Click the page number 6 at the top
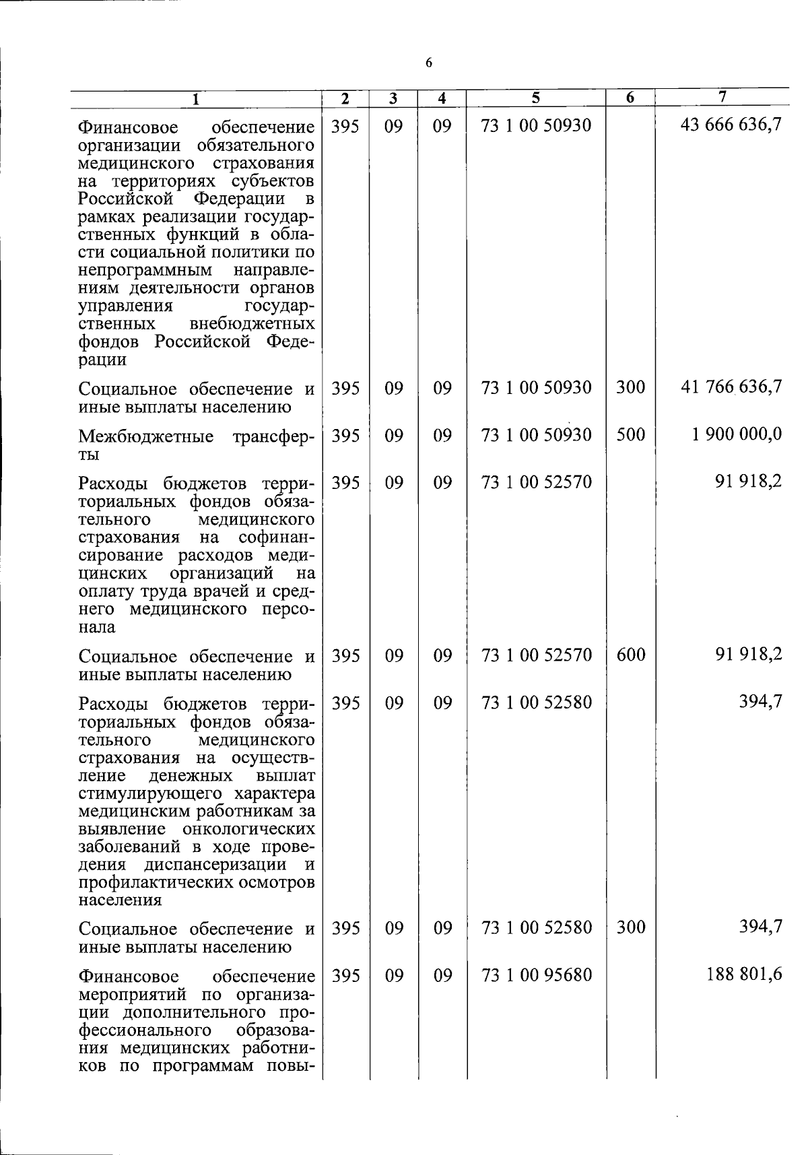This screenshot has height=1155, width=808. point(429,63)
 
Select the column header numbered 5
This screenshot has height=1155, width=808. point(535,98)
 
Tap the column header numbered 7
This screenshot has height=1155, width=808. point(722,97)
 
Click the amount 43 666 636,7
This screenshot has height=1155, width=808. point(731,125)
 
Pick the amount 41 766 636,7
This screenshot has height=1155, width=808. point(731,387)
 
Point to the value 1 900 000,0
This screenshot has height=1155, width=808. point(737,434)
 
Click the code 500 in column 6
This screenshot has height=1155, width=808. point(630,434)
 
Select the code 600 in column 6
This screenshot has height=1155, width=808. point(630,654)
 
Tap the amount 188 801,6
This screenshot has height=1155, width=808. point(744,975)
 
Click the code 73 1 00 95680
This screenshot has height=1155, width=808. point(537,975)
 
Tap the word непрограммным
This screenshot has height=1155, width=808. point(145,270)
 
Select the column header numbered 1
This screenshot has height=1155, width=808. point(195,99)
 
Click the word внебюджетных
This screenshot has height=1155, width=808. point(252,324)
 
